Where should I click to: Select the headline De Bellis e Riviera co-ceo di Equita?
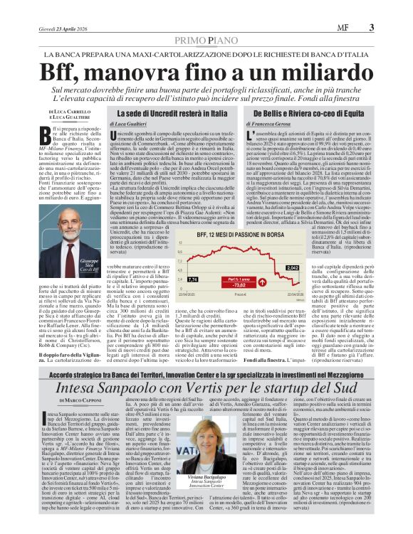pos(301,113)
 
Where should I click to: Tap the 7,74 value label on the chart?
pos(174,279)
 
